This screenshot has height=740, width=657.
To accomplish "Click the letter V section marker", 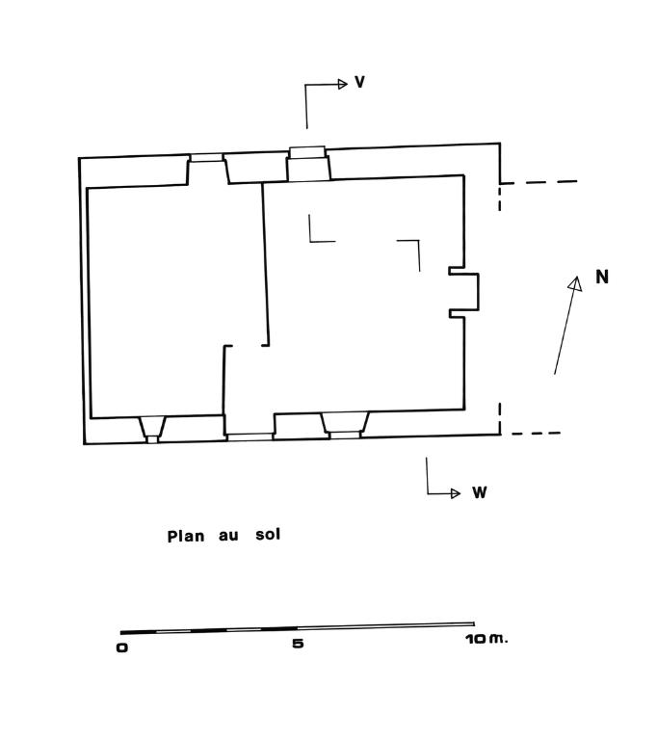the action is [359, 82].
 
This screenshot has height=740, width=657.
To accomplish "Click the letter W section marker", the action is [479, 492].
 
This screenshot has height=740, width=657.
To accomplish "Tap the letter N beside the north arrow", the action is [602, 277].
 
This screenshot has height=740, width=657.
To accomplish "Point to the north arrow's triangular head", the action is [575, 284].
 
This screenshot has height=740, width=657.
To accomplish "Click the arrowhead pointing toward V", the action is [343, 85].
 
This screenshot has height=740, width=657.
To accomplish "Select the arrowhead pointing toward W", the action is [456, 493].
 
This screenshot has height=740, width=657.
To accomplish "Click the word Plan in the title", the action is [186, 536].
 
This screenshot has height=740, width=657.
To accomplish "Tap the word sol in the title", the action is [268, 534].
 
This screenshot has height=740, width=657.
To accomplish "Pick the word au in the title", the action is [228, 536].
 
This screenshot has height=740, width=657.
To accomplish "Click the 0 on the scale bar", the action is [121, 647].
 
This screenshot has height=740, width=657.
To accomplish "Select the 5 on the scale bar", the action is [298, 644].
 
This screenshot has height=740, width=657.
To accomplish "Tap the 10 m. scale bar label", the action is [486, 639].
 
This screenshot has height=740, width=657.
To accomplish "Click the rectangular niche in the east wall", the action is [464, 292].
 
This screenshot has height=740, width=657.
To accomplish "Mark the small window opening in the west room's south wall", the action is [152, 430].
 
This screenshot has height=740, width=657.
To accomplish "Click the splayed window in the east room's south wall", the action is [346, 425].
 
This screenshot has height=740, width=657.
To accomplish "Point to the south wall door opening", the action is [250, 436].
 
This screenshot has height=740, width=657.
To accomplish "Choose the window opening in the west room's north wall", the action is [206, 169].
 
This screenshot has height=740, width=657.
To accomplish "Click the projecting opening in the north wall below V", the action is [307, 163].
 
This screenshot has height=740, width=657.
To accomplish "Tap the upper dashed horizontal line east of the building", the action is [539, 182].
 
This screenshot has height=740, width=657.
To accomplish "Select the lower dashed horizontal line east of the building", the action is [537, 434].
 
